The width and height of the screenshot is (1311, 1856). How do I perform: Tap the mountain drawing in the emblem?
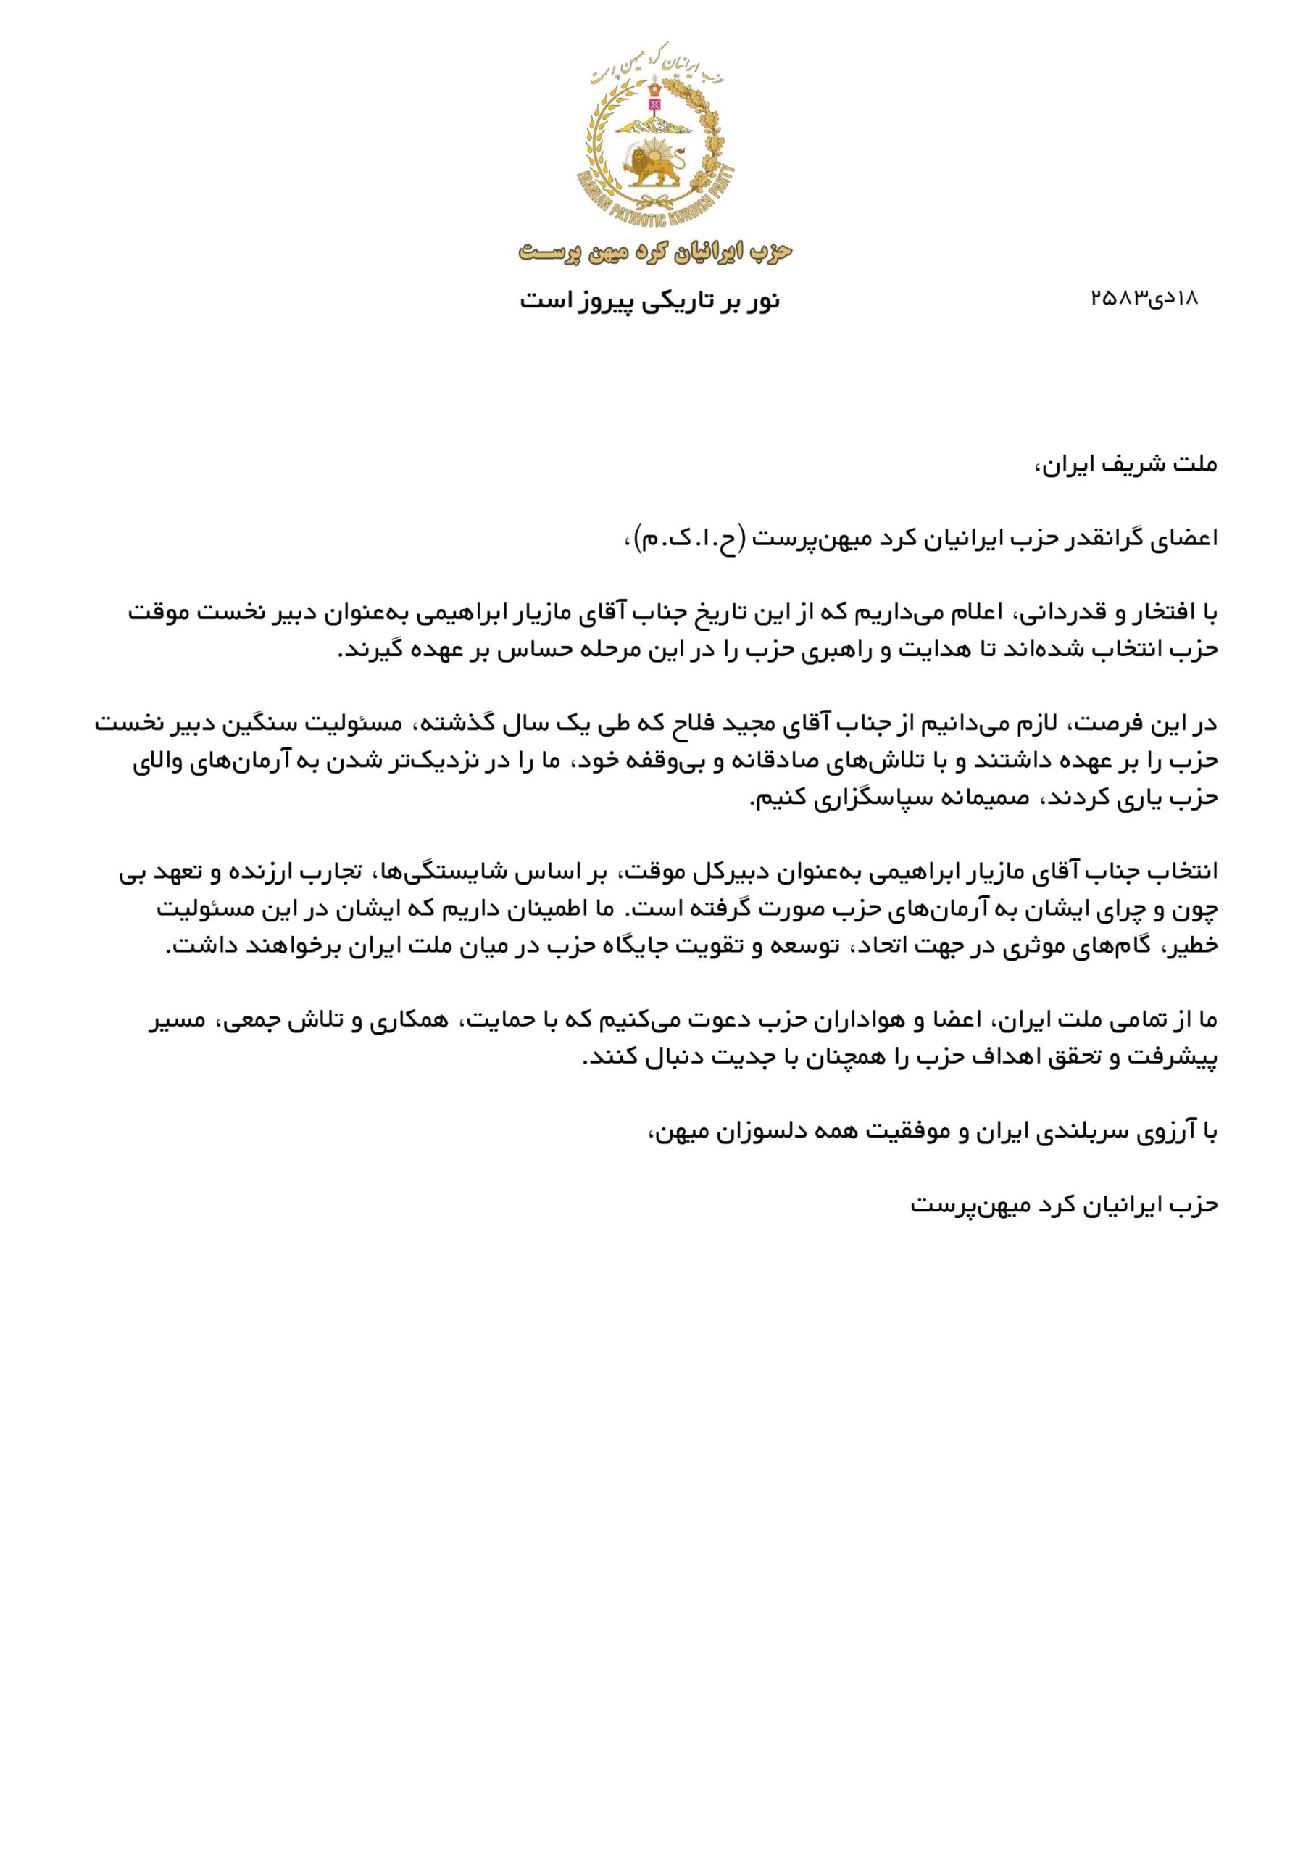653,124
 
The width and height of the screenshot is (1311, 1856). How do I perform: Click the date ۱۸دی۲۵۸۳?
1144,298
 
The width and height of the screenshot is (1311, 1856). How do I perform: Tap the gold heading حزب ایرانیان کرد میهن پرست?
655,252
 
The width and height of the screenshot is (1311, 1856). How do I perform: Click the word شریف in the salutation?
1131,465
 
